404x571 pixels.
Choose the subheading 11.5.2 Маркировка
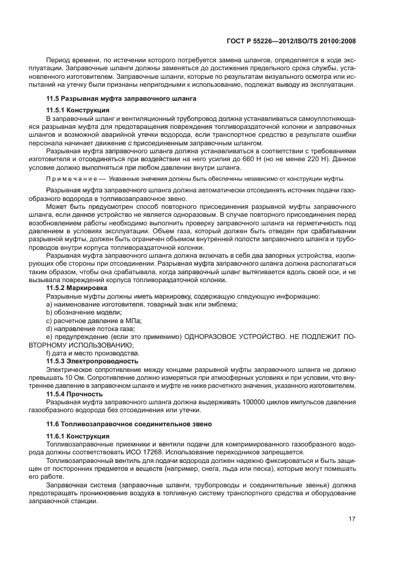click(x=78, y=288)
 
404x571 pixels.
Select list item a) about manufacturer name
click(x=142, y=304)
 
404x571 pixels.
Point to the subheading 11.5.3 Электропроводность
click(x=92, y=361)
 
